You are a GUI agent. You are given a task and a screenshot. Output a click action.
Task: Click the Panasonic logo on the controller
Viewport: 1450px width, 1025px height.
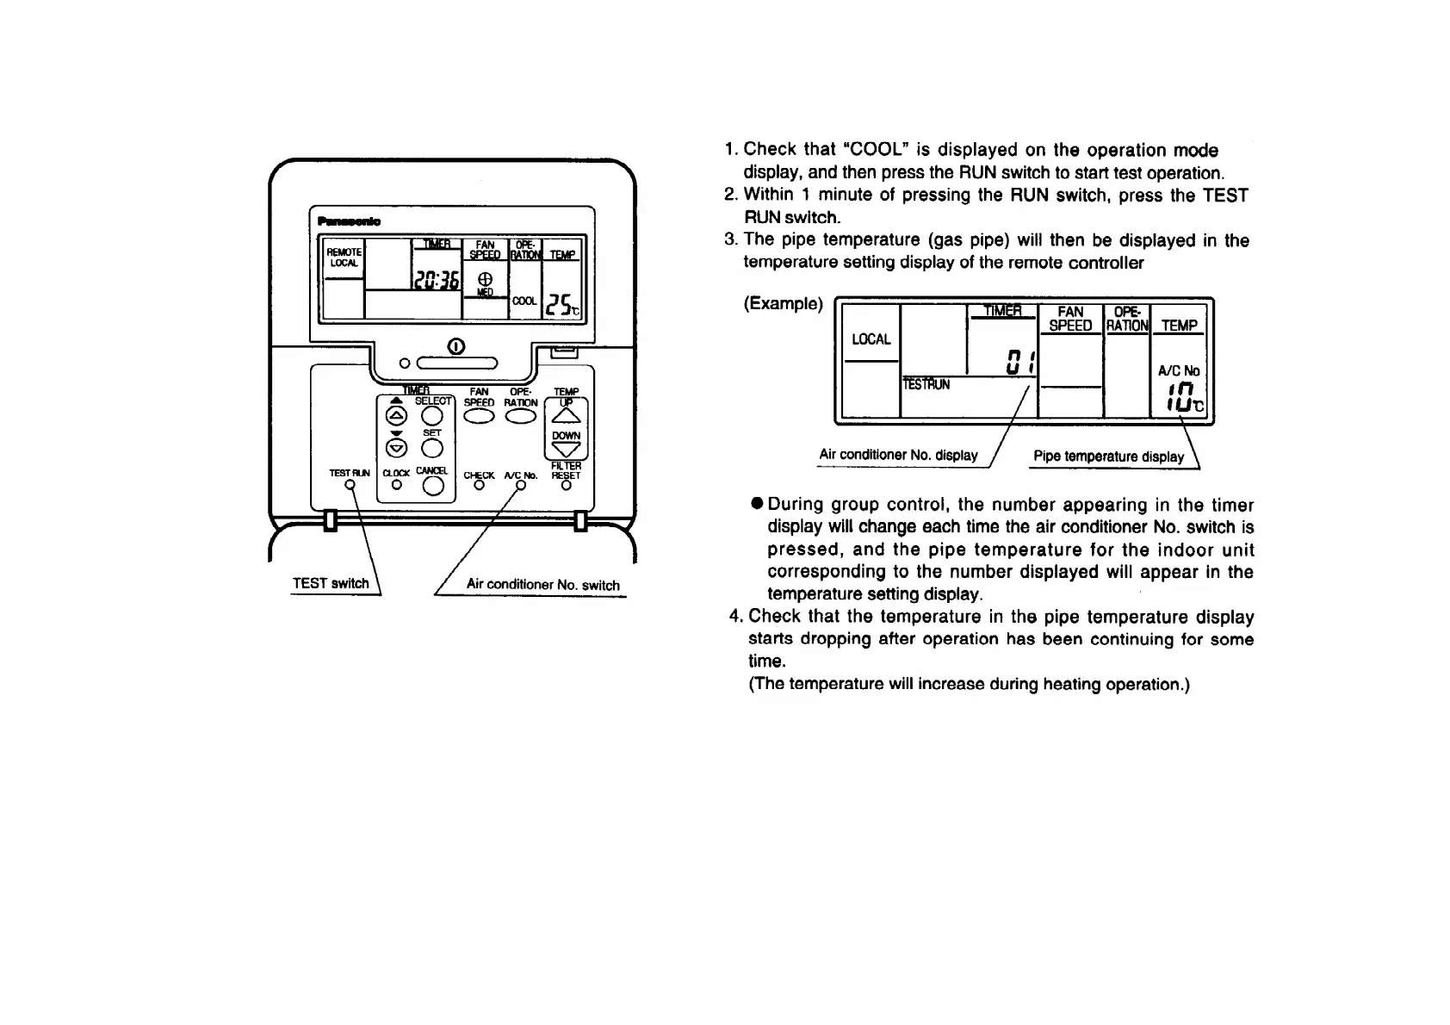[349, 221]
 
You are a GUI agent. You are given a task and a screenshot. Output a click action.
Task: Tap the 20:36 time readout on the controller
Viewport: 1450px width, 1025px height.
[437, 279]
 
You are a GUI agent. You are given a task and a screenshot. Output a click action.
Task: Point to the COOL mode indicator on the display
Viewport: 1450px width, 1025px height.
[524, 301]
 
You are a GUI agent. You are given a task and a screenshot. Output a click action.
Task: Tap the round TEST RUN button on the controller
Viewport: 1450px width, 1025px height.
[350, 485]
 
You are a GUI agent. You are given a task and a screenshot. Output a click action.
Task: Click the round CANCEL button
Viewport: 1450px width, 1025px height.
[433, 487]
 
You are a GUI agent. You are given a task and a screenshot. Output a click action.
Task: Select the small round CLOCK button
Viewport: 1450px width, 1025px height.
[396, 485]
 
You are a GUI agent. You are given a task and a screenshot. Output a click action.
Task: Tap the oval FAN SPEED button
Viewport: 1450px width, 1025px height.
[480, 416]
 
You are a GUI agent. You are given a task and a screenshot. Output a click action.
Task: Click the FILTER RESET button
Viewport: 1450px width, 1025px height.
[566, 485]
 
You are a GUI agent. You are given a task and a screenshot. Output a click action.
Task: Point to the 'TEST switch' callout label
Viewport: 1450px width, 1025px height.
[331, 583]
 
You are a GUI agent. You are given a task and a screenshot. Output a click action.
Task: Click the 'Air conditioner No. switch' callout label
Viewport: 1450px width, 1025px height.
[542, 585]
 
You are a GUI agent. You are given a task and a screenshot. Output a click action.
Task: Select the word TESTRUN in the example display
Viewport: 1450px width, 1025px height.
[926, 385]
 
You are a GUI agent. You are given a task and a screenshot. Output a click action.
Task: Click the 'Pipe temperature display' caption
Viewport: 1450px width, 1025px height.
[1108, 457]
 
